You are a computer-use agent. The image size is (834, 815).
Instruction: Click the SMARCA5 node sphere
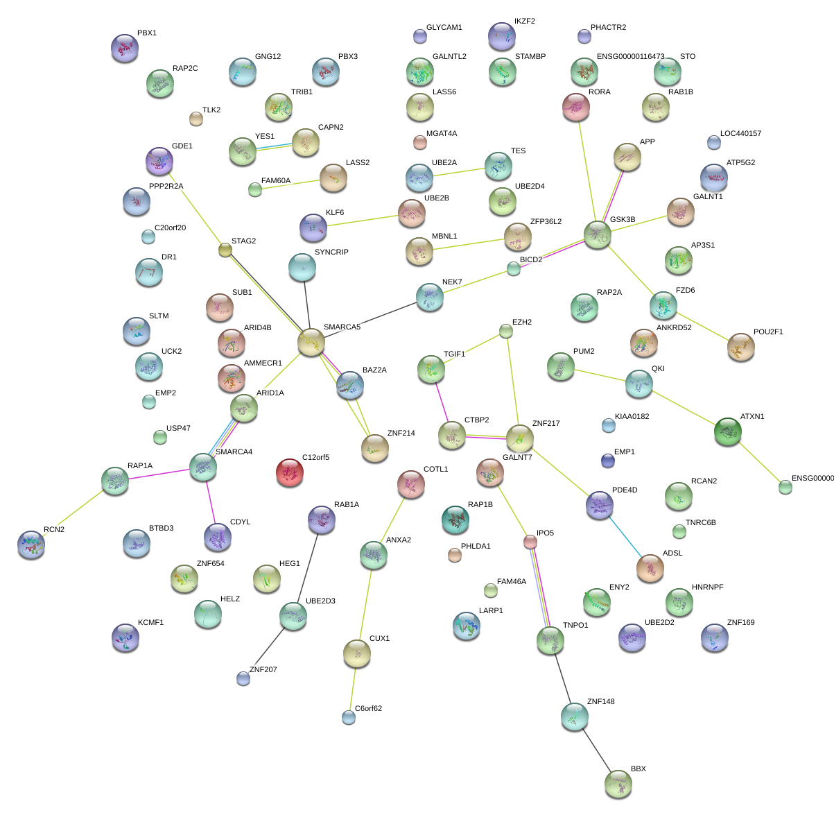(x=311, y=343)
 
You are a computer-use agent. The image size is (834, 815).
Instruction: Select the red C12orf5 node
(x=289, y=473)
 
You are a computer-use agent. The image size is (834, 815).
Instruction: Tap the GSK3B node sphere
(x=597, y=235)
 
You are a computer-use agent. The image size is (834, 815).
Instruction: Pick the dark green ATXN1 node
(x=727, y=431)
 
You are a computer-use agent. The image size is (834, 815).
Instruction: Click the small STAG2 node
(x=225, y=250)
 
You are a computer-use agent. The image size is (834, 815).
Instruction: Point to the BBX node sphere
(x=618, y=784)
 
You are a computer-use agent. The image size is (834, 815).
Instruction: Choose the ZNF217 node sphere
(x=519, y=438)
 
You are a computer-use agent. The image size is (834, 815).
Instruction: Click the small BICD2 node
(x=513, y=269)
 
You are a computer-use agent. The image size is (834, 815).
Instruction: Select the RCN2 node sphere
(x=31, y=545)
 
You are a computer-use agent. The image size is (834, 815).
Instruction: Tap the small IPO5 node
(x=530, y=542)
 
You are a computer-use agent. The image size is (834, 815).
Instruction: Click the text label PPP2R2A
(x=166, y=187)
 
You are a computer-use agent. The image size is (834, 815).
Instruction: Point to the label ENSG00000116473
(x=630, y=57)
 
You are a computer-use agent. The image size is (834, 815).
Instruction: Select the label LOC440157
(x=740, y=134)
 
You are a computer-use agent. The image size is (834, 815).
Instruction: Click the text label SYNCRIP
(x=331, y=252)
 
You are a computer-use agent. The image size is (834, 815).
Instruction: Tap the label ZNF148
(x=600, y=702)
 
